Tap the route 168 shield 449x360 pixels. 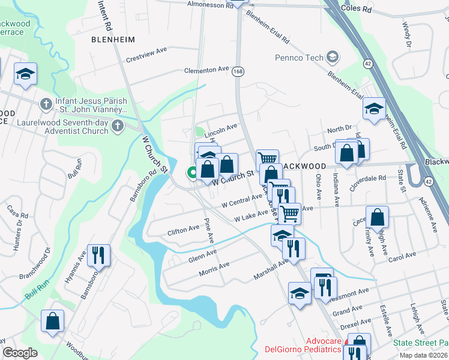pyautogui.click(x=239, y=70)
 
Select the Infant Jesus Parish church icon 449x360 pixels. pyautogui.click(x=46, y=105)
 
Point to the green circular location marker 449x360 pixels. pyautogui.click(x=193, y=173)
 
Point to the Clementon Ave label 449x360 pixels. pyautogui.click(x=207, y=70)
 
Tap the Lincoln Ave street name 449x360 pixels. pyautogui.click(x=221, y=127)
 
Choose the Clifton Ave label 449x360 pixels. pyautogui.click(x=183, y=230)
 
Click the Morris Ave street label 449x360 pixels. pyautogui.click(x=214, y=269)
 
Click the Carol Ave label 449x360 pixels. pyautogui.click(x=402, y=255)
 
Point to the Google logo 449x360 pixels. pyautogui.click(x=20, y=353)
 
